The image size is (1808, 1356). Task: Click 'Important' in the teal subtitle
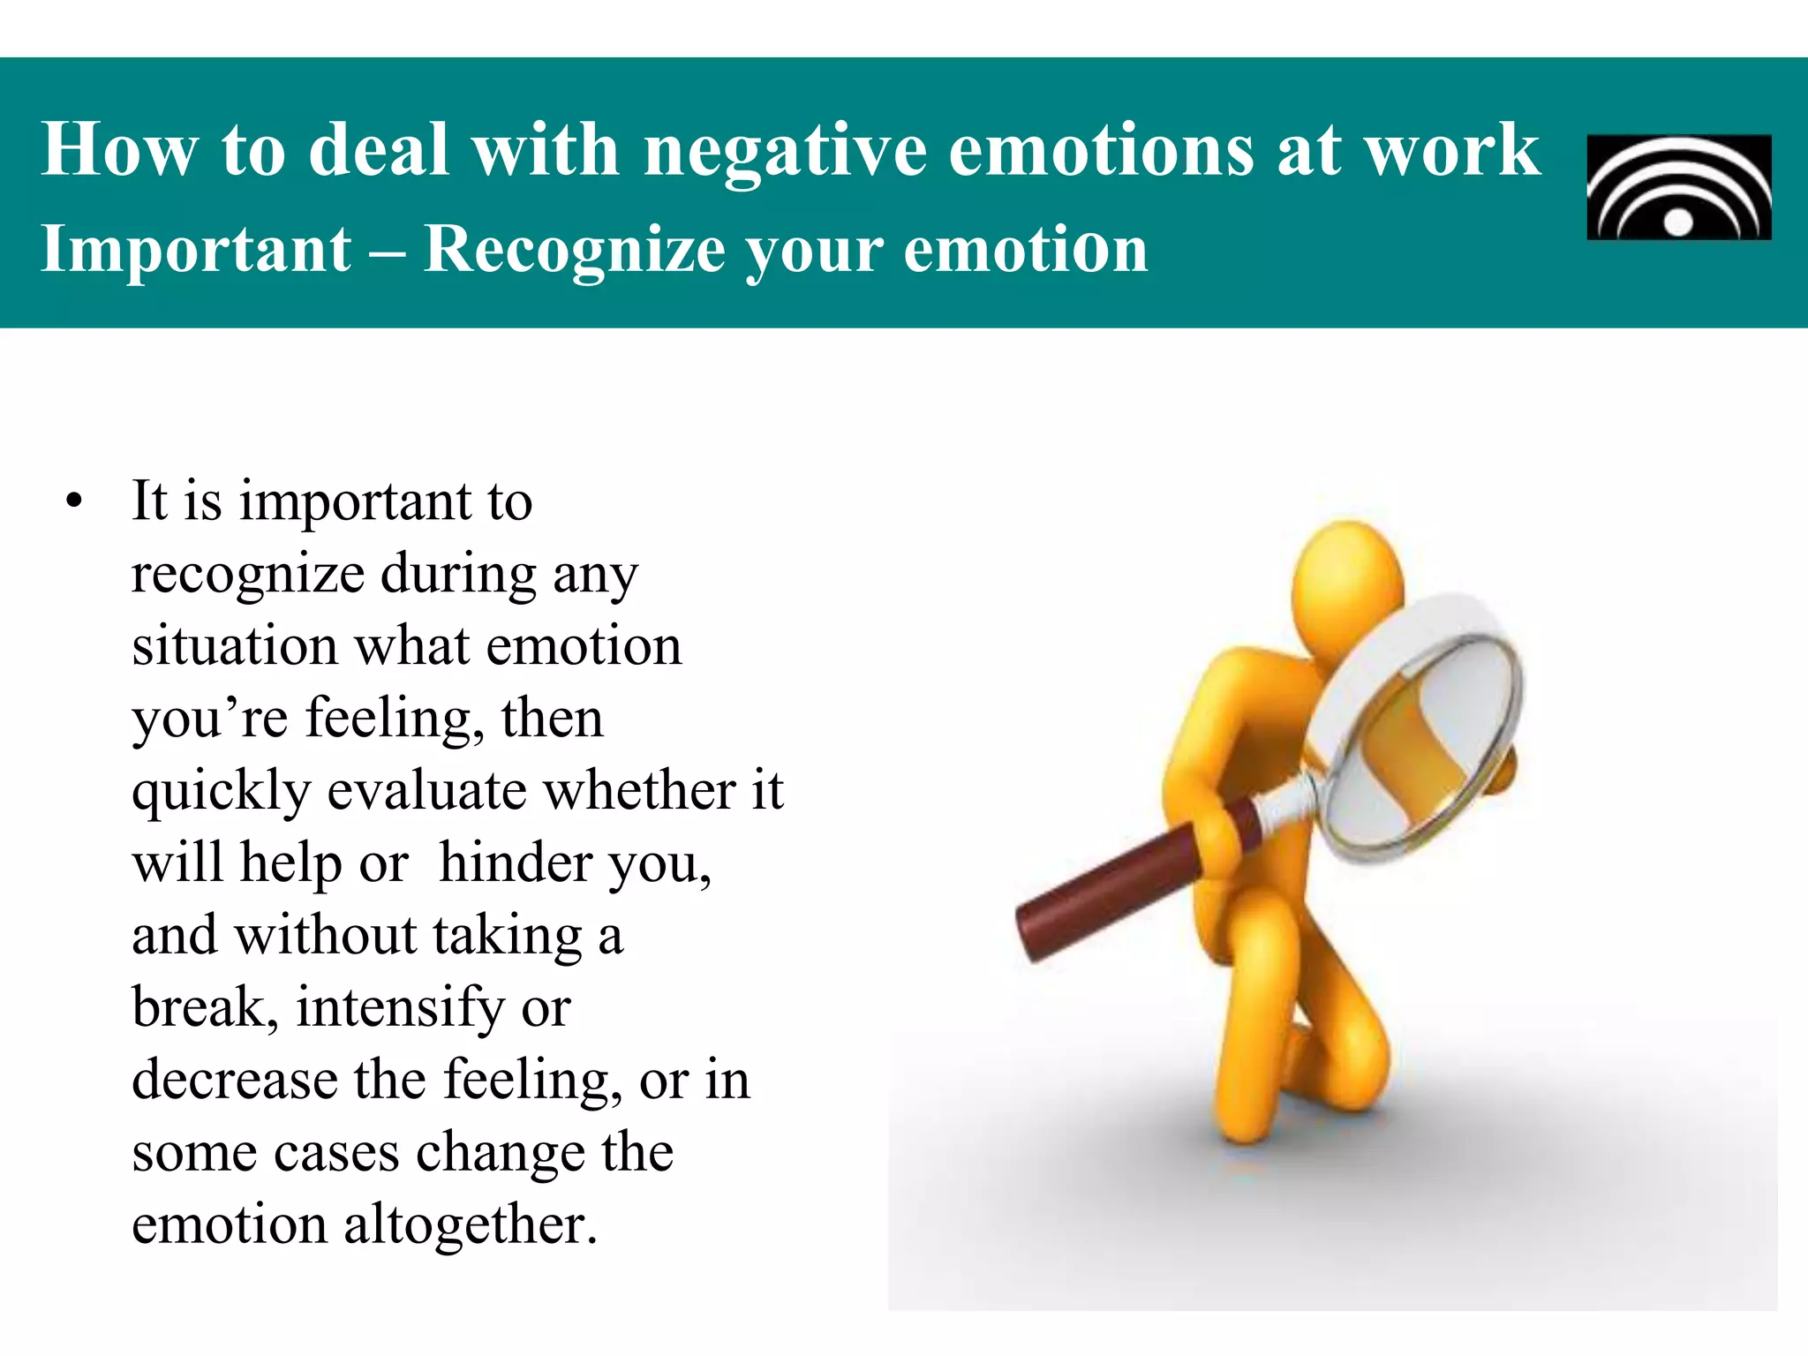[x=196, y=250]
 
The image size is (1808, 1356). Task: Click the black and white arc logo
[x=1678, y=187]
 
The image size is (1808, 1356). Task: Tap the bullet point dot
[x=74, y=502]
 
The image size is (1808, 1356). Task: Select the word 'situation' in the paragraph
[x=234, y=646]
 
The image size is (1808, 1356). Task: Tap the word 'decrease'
[x=234, y=1080]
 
